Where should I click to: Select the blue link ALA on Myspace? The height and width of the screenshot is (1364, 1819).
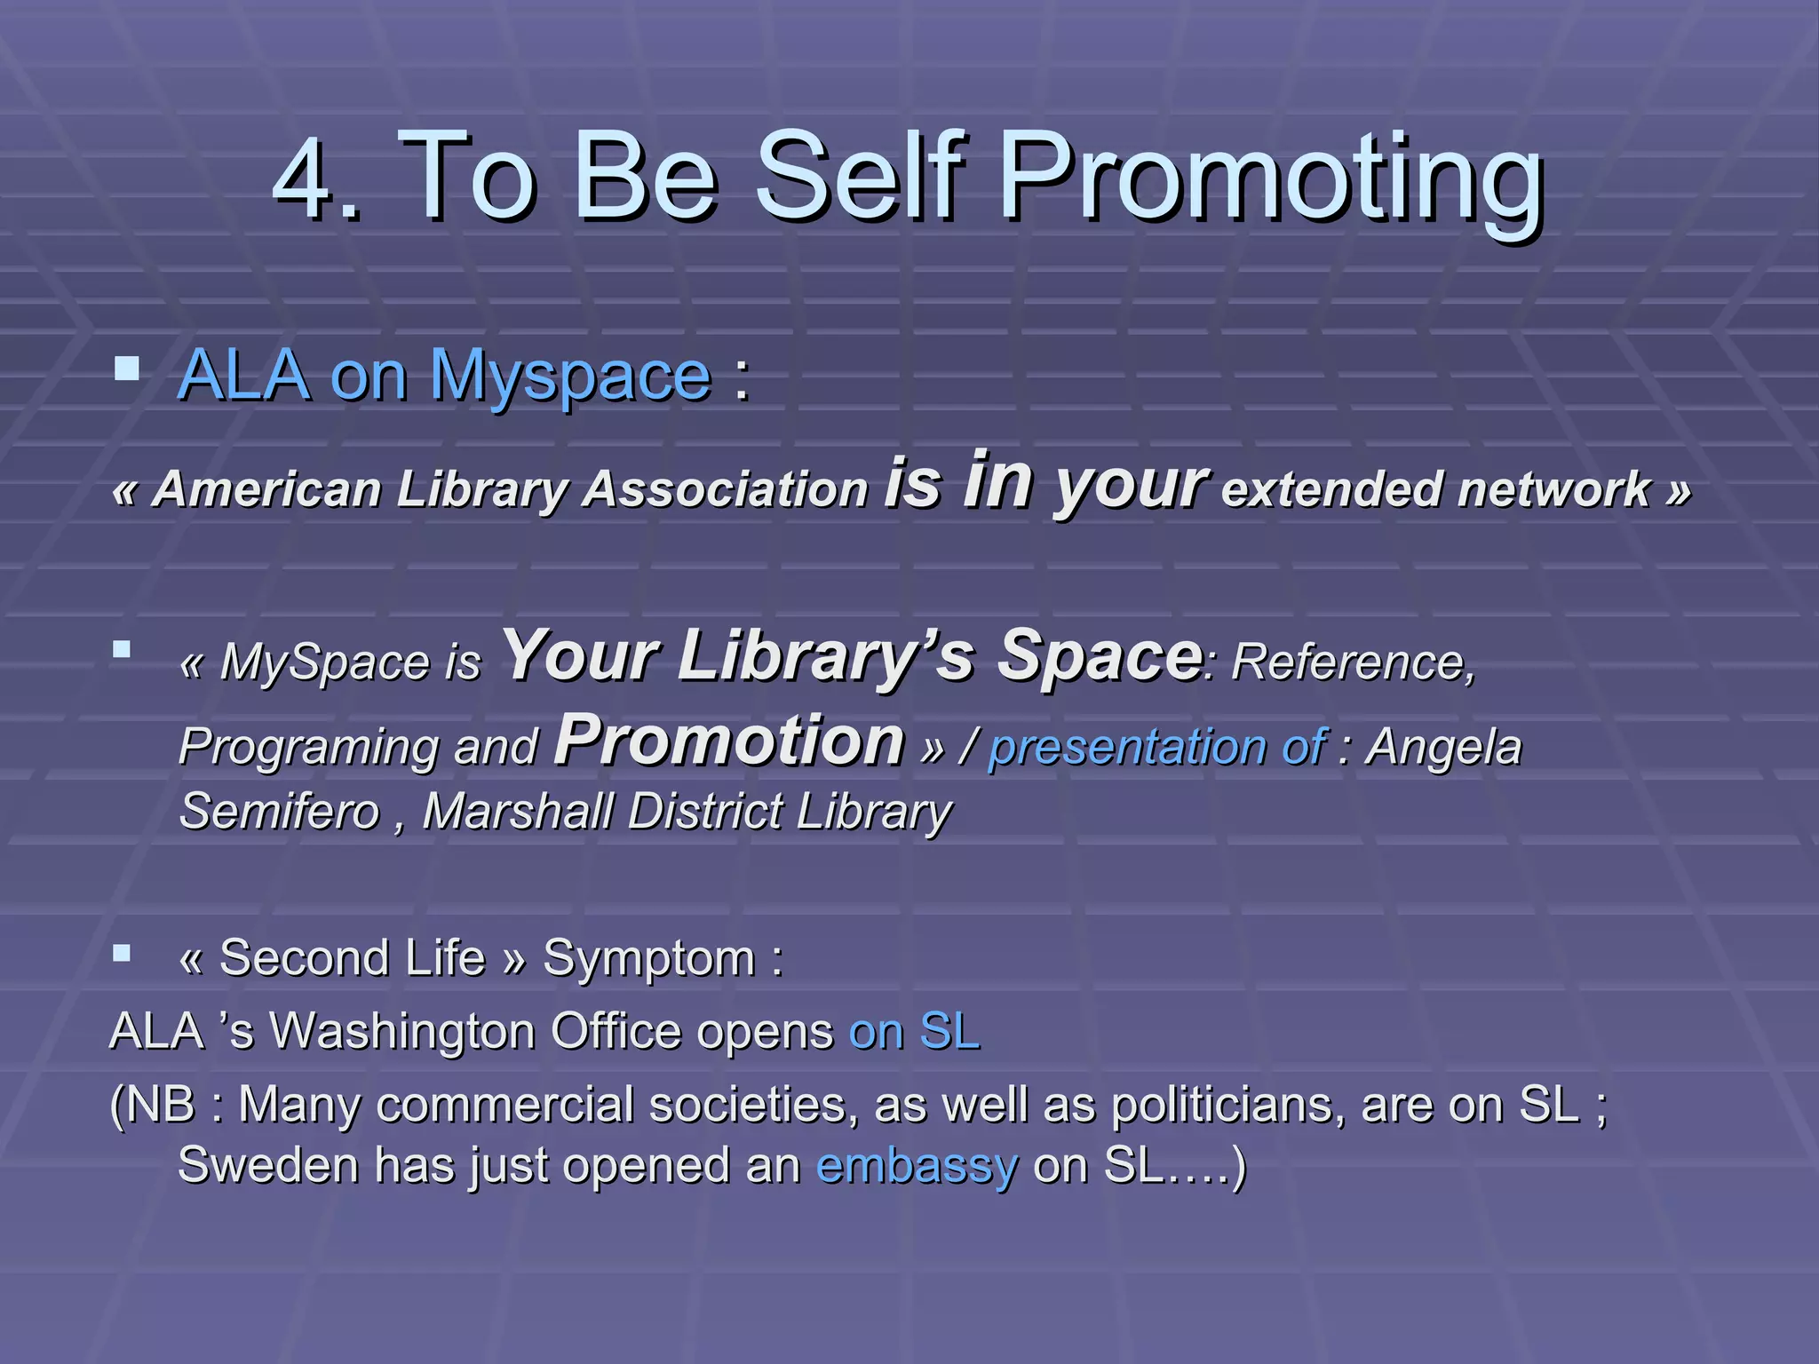pos(444,377)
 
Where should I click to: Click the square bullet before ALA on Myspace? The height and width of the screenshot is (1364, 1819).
pos(127,369)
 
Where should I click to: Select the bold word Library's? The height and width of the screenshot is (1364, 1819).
pos(826,656)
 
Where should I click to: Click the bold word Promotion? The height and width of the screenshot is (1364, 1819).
pos(728,741)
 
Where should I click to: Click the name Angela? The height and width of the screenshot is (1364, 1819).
pos(1443,747)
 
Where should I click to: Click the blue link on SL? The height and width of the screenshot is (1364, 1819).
pos(914,1033)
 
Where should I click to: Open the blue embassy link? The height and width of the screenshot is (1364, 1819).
pos(916,1166)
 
